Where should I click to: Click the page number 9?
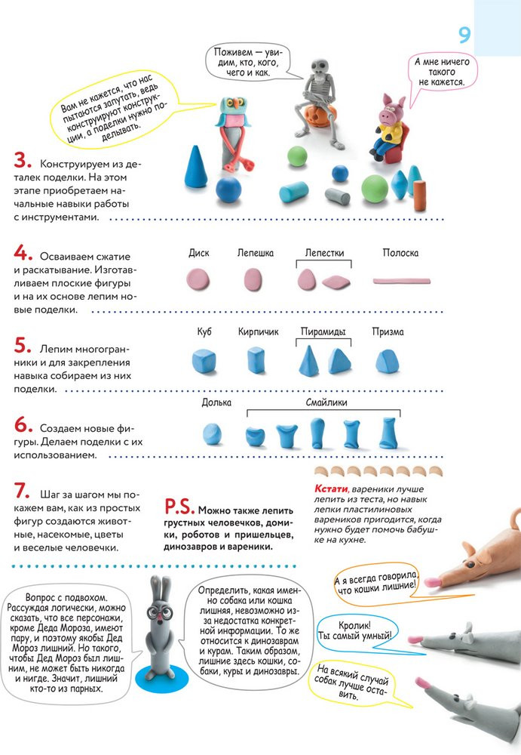point(464,35)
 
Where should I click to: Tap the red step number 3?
point(23,160)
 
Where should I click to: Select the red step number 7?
point(22,491)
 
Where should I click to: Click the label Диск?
point(199,253)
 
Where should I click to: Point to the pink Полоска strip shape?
point(402,281)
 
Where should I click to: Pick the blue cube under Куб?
point(204,362)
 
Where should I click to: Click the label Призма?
point(388,331)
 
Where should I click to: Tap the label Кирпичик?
point(259,331)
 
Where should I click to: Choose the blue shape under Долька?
point(212,433)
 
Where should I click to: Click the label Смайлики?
point(326,402)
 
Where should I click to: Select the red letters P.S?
point(179,506)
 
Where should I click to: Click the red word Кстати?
point(331,488)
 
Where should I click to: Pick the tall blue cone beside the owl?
point(196,167)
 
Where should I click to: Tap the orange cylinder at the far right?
point(419,196)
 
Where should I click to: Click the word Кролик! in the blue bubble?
point(354,625)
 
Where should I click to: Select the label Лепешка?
point(256,253)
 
